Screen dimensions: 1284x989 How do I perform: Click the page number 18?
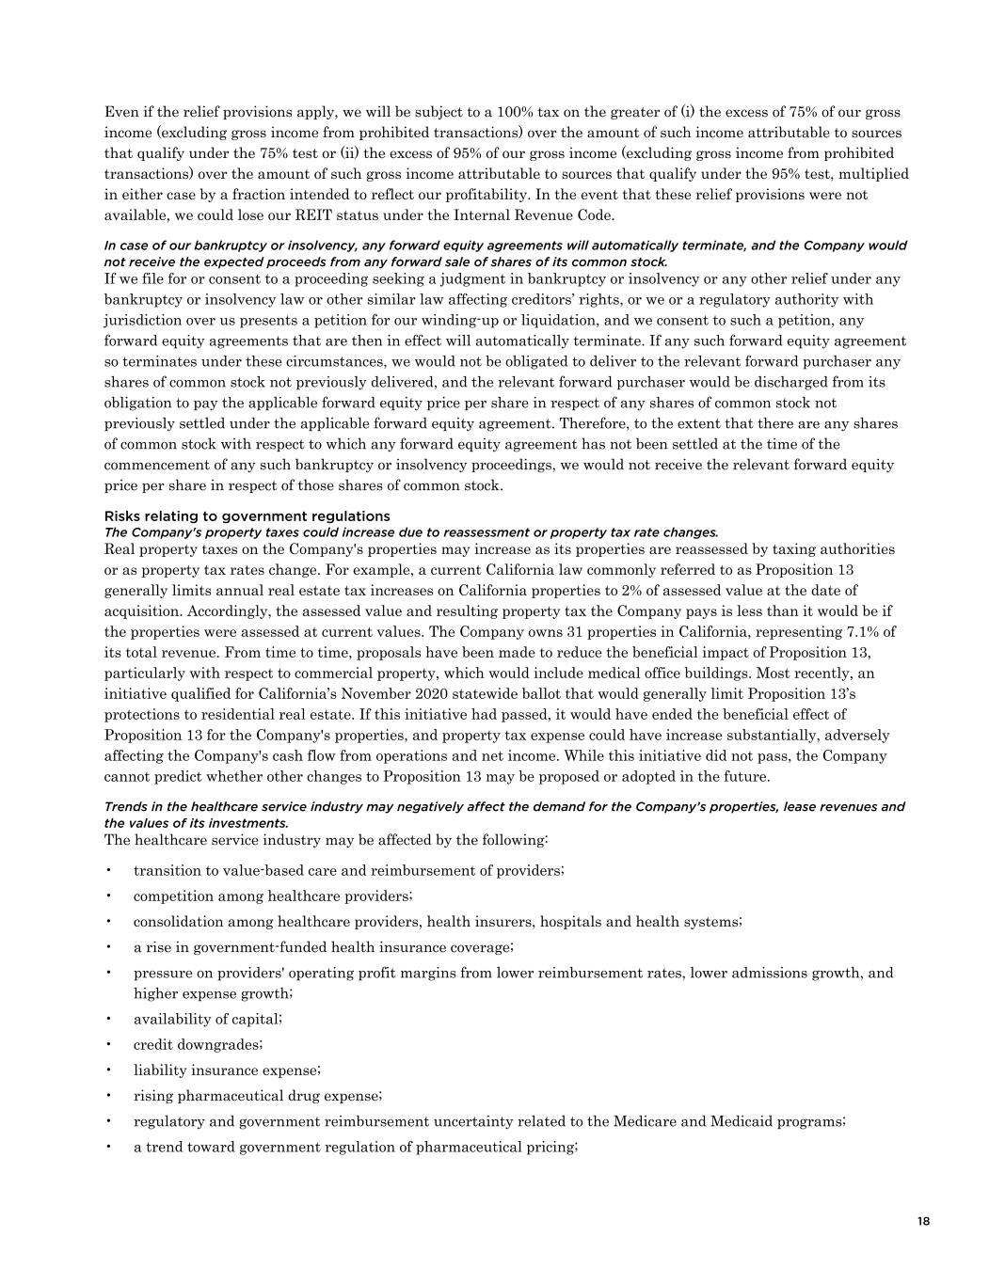[923, 1222]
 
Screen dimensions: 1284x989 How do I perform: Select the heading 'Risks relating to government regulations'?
[247, 516]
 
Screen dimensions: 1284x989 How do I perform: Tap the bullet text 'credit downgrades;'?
[198, 1045]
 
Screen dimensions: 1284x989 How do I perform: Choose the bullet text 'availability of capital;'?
[207, 1019]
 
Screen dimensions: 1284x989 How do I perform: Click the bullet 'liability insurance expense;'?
[227, 1070]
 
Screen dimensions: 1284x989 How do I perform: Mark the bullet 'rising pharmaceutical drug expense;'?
[258, 1096]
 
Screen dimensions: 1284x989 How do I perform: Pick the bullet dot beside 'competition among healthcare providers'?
[110, 896]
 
